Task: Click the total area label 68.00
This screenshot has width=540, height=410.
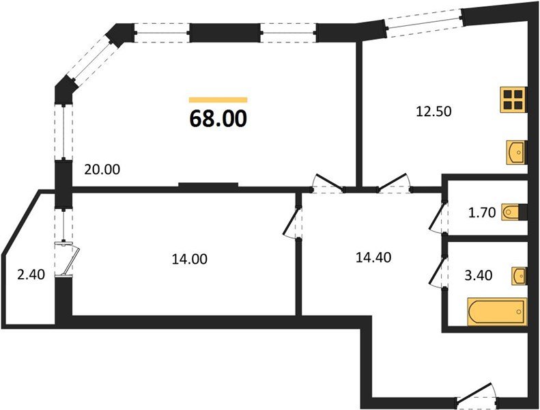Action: (x=218, y=118)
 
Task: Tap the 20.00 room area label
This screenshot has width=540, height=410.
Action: (x=102, y=169)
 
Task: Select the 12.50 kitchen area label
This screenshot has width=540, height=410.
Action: (x=434, y=111)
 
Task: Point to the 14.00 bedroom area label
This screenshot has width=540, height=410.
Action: (x=189, y=258)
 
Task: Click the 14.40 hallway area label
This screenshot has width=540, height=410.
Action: (x=373, y=257)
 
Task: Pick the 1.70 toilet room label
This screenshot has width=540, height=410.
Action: (x=482, y=213)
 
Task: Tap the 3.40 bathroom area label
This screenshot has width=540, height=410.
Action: (x=479, y=275)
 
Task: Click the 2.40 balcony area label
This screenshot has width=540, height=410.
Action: (x=31, y=275)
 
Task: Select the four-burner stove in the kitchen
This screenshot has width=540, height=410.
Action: (x=513, y=99)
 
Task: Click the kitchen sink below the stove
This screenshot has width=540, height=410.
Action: (x=517, y=152)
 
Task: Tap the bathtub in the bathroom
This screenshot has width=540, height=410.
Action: (x=497, y=312)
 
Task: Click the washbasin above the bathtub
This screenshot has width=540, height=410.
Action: (x=520, y=275)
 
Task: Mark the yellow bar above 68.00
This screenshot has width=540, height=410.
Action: (x=218, y=100)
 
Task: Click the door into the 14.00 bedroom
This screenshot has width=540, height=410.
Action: (x=293, y=223)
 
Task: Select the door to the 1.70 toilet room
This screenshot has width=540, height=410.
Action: (x=439, y=216)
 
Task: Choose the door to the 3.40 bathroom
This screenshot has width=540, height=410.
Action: (x=439, y=273)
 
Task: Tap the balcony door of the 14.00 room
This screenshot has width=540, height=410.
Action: (x=68, y=259)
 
